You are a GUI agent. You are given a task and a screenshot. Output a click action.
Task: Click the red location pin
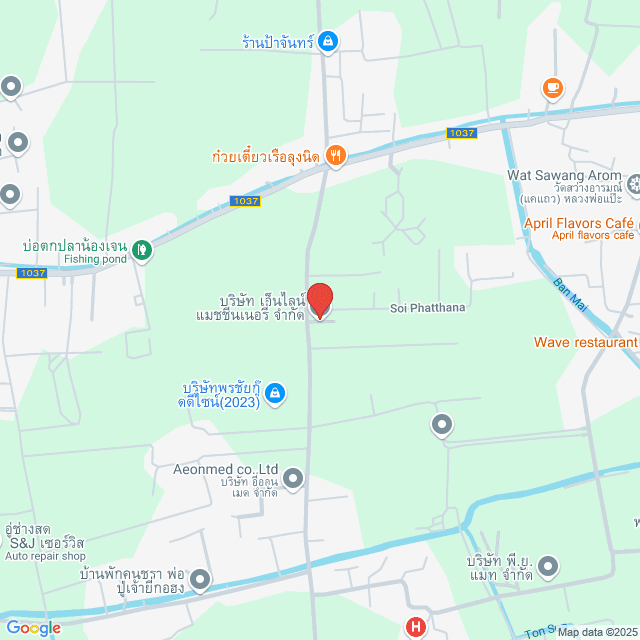[x=319, y=300]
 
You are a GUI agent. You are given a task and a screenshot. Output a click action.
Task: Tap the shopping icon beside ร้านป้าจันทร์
[x=329, y=42]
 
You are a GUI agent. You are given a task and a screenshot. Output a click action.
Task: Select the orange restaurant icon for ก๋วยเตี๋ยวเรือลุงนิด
[x=336, y=155]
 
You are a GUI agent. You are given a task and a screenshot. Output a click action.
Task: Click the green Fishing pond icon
[x=142, y=248]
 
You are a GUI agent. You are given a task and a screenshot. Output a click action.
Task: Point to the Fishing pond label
[x=95, y=259]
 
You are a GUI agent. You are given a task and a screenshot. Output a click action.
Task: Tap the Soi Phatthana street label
[x=427, y=308]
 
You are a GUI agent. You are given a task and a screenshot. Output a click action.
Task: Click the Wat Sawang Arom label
[x=563, y=176]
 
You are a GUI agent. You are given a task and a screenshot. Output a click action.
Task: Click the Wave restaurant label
[x=585, y=342]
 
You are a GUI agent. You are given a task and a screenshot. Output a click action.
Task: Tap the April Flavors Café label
[x=579, y=222]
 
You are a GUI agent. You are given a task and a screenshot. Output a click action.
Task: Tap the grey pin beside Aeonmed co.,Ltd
[x=293, y=479]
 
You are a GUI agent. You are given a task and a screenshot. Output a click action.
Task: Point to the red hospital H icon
[x=415, y=628]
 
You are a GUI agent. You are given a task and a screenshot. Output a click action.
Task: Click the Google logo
[x=33, y=628]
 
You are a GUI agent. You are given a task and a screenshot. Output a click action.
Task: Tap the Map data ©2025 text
[x=596, y=632]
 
